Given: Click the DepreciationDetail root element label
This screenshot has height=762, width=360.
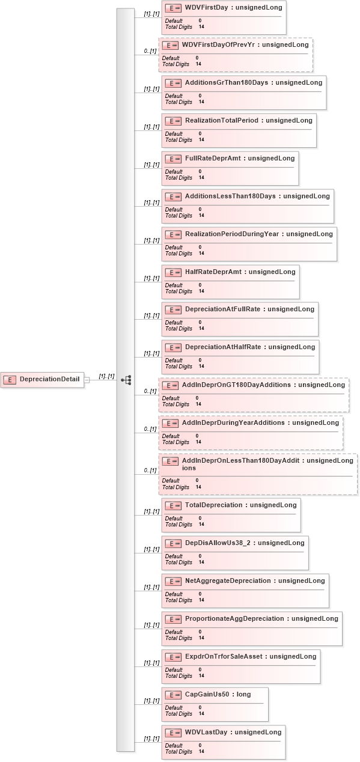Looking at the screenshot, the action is pyautogui.click(x=49, y=379).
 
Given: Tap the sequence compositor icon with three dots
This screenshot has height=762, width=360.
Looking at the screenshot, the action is pyautogui.click(x=126, y=380).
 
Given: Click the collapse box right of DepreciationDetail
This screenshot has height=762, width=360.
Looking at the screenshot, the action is pyautogui.click(x=87, y=380).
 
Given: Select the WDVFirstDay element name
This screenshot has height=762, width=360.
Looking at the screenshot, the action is pyautogui.click(x=207, y=7).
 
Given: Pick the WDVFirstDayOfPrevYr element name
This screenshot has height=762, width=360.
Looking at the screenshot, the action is pyautogui.click(x=218, y=44).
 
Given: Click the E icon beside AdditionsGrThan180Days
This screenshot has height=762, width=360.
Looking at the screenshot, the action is pyautogui.click(x=173, y=83).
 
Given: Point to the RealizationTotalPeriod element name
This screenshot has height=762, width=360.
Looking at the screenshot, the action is pyautogui.click(x=222, y=120).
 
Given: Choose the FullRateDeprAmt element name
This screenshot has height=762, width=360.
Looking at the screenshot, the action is pyautogui.click(x=213, y=158).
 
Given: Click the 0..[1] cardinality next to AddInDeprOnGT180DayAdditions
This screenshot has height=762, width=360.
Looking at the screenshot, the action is pyautogui.click(x=150, y=391).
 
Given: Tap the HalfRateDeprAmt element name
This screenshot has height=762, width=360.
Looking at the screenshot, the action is pyautogui.click(x=213, y=272).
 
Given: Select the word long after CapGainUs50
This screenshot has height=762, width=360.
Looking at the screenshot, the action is pyautogui.click(x=243, y=694).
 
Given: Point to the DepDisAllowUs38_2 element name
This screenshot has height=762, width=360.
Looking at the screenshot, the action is pyautogui.click(x=218, y=543).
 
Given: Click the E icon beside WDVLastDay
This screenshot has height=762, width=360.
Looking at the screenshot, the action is pyautogui.click(x=173, y=733).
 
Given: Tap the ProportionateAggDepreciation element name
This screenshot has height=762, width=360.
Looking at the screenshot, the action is pyautogui.click(x=234, y=618).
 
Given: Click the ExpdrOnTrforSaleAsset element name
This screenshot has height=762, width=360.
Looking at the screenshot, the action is pyautogui.click(x=224, y=657).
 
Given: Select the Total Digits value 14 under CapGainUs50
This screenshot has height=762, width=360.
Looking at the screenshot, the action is pyautogui.click(x=201, y=714).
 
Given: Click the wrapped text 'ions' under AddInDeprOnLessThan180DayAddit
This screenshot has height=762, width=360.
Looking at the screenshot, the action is pyautogui.click(x=189, y=468).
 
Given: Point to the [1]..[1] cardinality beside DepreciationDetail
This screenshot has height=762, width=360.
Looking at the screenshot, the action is pyautogui.click(x=106, y=376).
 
